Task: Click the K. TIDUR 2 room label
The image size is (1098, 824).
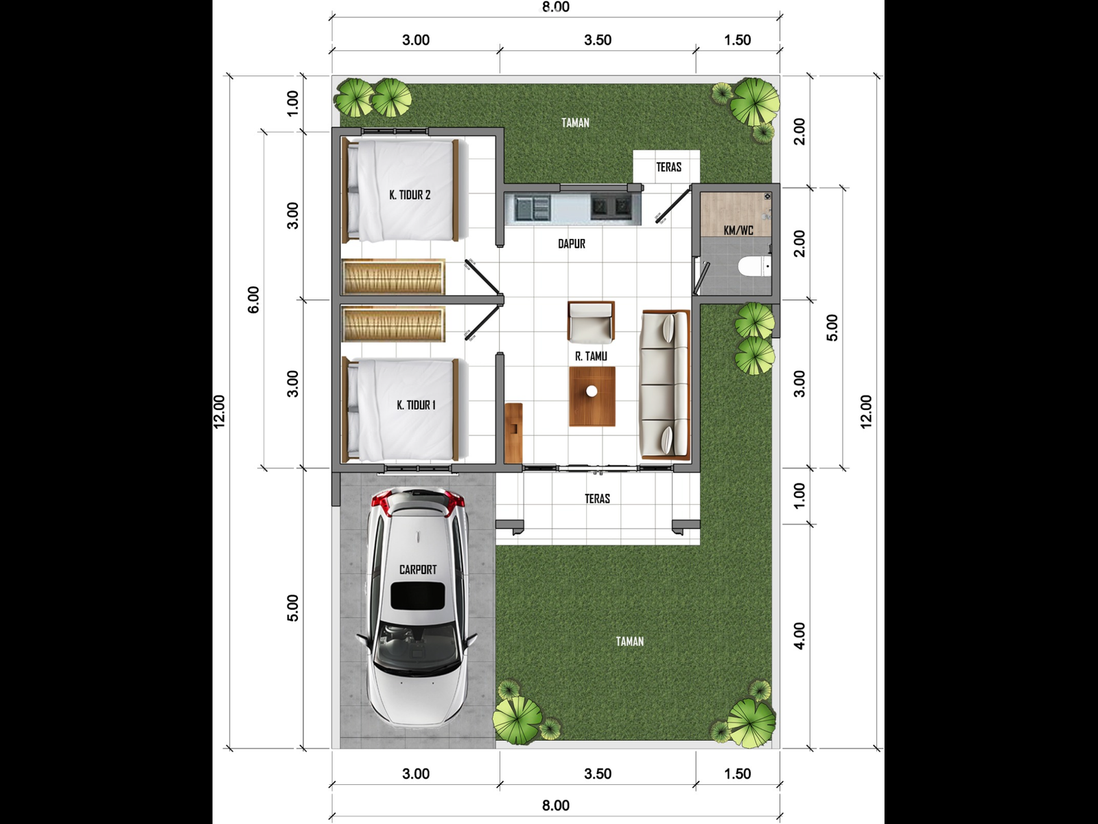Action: (410, 195)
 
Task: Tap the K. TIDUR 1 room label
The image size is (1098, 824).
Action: (416, 405)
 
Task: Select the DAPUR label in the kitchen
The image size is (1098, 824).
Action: (572, 244)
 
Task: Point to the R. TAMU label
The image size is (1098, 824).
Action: (592, 356)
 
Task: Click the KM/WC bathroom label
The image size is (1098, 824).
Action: (738, 231)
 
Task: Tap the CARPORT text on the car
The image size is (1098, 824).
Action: (418, 569)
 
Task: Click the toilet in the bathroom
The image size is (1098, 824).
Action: (754, 266)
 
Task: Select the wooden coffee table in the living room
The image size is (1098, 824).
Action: (592, 396)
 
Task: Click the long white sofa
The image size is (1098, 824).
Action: (665, 385)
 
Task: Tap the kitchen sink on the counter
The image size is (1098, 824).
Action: (533, 207)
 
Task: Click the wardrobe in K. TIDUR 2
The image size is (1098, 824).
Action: (393, 277)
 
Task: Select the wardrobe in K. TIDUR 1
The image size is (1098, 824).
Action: (393, 324)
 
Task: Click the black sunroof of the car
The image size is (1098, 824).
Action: (418, 596)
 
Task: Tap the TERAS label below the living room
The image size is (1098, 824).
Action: (597, 499)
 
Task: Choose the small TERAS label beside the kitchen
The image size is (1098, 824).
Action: (669, 167)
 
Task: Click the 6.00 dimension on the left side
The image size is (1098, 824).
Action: (254, 299)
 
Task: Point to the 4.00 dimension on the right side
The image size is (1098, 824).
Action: (800, 636)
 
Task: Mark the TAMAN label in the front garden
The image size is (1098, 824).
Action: (630, 641)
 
